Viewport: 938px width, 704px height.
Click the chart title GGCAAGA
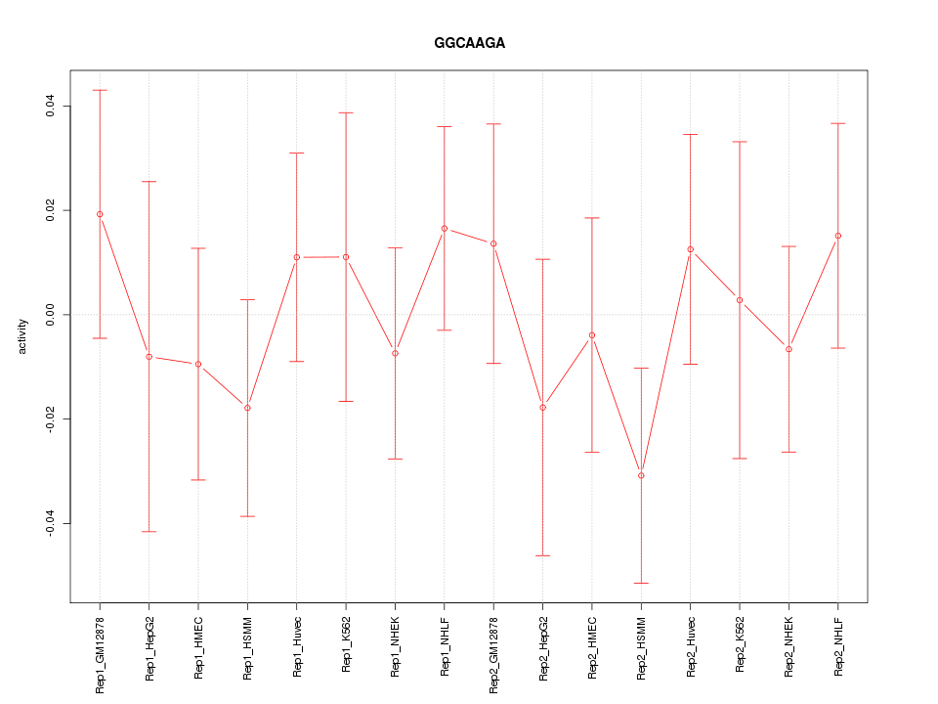pos(469,44)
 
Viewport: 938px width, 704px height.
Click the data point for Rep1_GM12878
pos(100,214)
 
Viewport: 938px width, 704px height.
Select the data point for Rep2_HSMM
pos(641,476)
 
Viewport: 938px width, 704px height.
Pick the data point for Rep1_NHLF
pos(445,229)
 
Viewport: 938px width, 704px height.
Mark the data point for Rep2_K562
pos(740,300)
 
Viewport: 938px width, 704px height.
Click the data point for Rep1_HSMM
pos(247,408)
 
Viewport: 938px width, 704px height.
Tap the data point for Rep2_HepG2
pos(542,407)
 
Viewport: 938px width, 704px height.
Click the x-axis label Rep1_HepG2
pos(149,647)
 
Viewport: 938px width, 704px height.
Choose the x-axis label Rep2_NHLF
pos(838,647)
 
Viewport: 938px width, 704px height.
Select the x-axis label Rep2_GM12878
pos(493,653)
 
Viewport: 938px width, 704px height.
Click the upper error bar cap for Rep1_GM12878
pos(100,90)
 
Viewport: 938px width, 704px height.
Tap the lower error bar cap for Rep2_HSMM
pos(641,583)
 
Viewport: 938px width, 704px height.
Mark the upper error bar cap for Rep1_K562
pos(346,112)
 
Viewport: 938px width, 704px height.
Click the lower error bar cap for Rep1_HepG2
pos(149,531)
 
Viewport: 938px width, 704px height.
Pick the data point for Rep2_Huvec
pos(691,249)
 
